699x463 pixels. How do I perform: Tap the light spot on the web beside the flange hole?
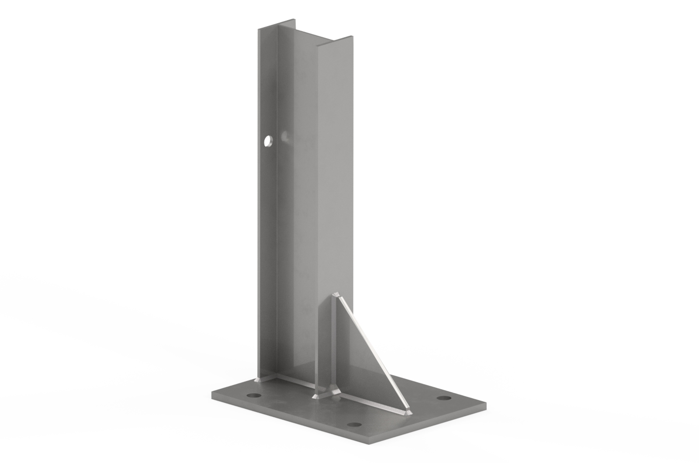point(285,138)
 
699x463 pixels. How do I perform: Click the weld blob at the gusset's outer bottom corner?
point(408,412)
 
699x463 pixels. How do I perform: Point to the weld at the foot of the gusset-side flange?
point(318,395)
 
